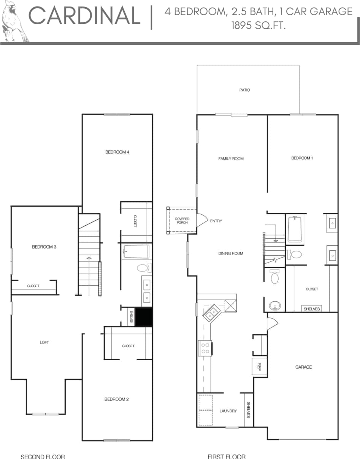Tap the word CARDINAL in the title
(x=85, y=16)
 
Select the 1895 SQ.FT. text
(x=259, y=26)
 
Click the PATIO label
(x=245, y=90)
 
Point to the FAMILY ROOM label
(x=231, y=158)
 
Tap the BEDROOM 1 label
(x=302, y=158)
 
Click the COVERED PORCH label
(x=182, y=221)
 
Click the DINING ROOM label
(x=230, y=253)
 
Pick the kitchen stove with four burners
(x=205, y=348)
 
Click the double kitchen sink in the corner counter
(x=210, y=313)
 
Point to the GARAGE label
(x=303, y=367)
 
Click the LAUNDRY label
(x=228, y=411)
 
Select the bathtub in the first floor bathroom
(x=295, y=229)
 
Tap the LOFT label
(x=44, y=342)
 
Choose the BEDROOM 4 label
(x=117, y=152)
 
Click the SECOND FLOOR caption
(x=43, y=456)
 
